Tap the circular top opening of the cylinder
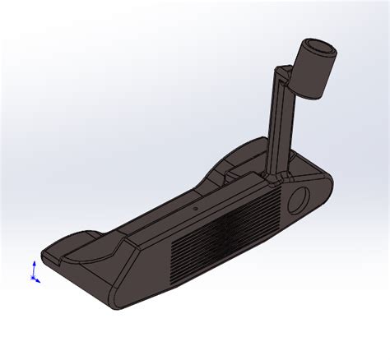tap(318, 48)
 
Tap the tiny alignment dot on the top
tap(196, 209)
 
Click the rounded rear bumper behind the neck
tap(239, 153)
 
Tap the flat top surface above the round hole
tap(309, 177)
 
